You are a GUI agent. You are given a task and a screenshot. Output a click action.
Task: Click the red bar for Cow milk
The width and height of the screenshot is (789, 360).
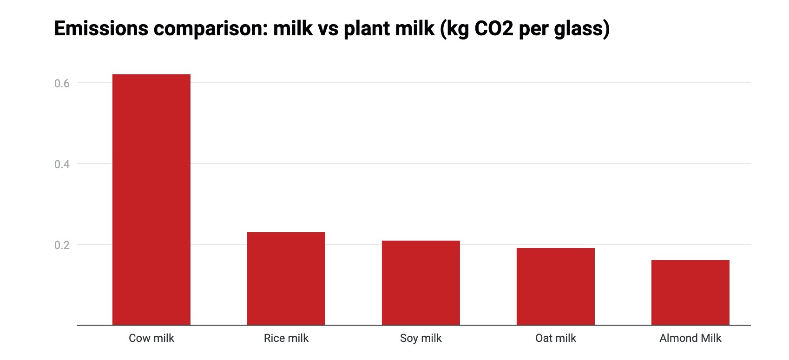(x=151, y=200)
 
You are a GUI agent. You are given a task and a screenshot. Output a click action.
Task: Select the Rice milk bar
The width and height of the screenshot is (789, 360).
(x=286, y=279)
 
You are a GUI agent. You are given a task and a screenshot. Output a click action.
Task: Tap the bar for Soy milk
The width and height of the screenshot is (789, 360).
(x=421, y=283)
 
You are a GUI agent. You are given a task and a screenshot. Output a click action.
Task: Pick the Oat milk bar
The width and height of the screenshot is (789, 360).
(x=555, y=287)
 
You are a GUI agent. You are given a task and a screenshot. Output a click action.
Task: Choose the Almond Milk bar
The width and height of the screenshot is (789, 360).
(x=690, y=293)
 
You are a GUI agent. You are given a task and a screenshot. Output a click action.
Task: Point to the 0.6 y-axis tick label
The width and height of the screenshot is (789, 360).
(x=62, y=84)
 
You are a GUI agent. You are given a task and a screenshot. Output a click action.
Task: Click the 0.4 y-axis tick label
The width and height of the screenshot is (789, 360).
(x=62, y=164)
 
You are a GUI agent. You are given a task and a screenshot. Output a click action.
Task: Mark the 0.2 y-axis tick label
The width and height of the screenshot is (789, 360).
(x=62, y=245)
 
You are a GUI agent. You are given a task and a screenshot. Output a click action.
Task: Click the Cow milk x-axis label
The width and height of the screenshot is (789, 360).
(x=151, y=338)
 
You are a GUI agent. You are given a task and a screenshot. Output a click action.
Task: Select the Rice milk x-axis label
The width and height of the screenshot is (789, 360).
(x=286, y=338)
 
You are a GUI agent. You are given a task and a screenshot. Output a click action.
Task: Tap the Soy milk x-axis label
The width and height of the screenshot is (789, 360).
(x=421, y=338)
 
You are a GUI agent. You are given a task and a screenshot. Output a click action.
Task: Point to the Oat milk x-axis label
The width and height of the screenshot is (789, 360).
(x=555, y=338)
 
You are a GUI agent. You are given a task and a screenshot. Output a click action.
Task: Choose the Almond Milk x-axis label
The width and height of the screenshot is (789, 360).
(x=690, y=338)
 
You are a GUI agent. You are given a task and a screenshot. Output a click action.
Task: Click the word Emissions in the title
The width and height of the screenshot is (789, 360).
(x=101, y=29)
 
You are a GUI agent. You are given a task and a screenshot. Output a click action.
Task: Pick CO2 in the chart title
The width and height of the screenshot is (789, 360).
(x=490, y=29)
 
